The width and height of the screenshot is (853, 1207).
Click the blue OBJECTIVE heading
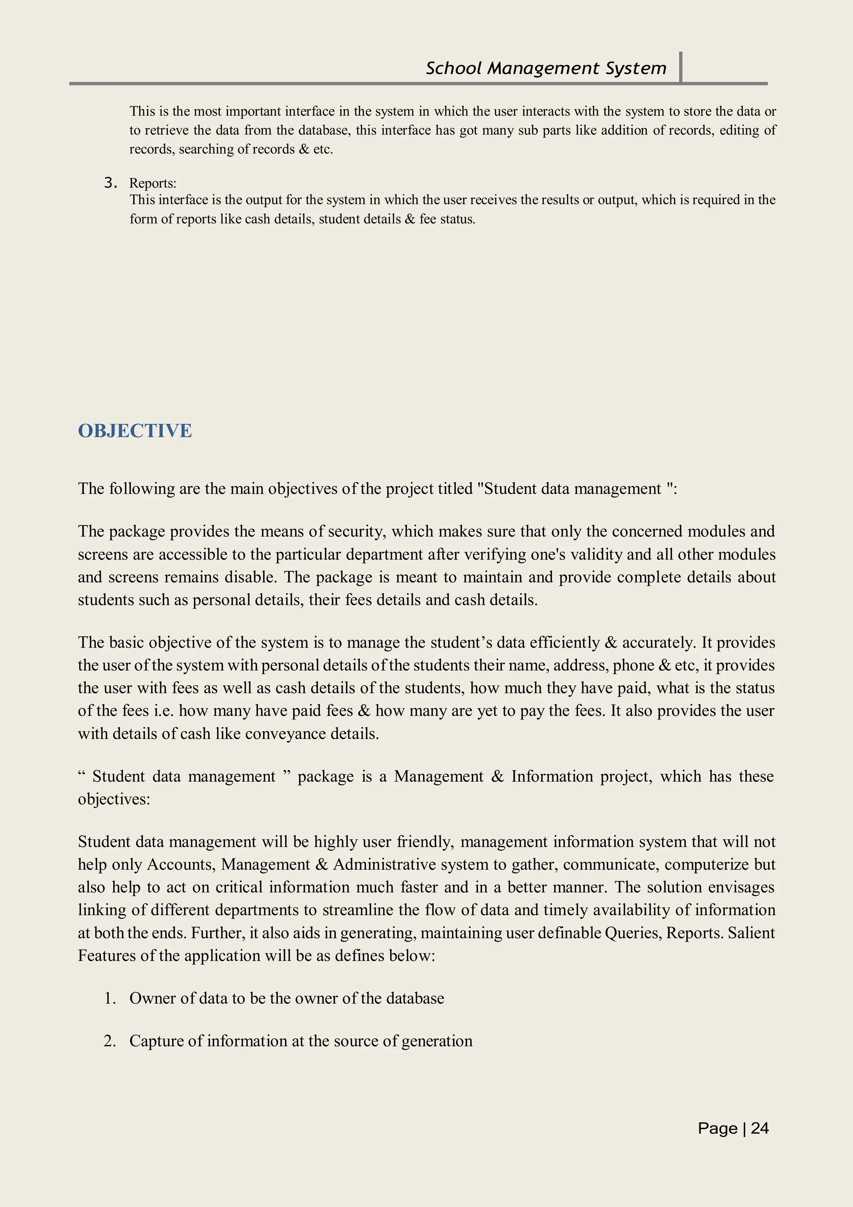135,431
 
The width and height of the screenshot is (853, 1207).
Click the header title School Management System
546,68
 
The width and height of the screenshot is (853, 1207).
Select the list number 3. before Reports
110,182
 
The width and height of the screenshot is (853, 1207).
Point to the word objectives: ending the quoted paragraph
114,799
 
